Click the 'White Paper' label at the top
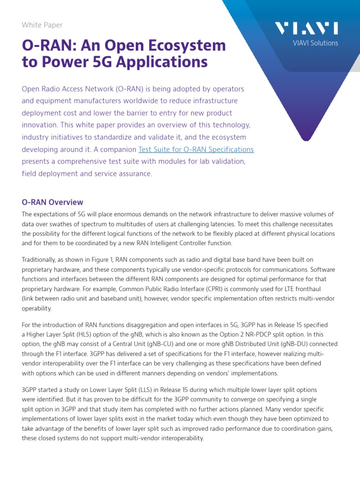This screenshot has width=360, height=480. coord(42,25)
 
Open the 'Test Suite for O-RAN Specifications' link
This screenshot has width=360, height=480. coord(196,150)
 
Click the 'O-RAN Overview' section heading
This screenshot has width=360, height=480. coord(52,202)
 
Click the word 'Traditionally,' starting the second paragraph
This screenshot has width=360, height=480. coord(39,260)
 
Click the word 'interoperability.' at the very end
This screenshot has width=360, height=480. coord(180,439)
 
